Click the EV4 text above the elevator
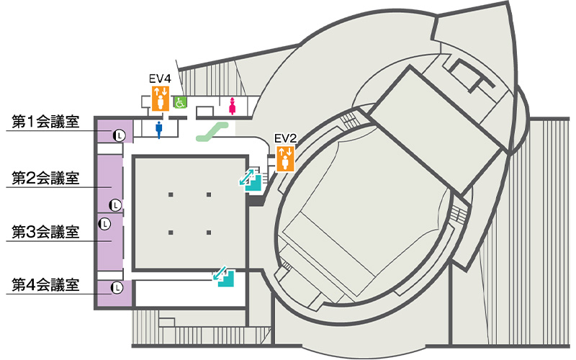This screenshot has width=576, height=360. (160, 78)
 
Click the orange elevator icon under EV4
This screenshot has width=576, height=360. (160, 98)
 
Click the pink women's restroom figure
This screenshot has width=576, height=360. (232, 106)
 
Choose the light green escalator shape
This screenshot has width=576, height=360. (215, 130)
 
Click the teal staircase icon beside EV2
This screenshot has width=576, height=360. (251, 179)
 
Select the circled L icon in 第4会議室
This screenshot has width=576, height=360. (116, 289)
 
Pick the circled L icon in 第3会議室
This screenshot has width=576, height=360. (104, 224)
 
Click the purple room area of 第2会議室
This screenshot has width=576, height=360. (109, 176)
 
